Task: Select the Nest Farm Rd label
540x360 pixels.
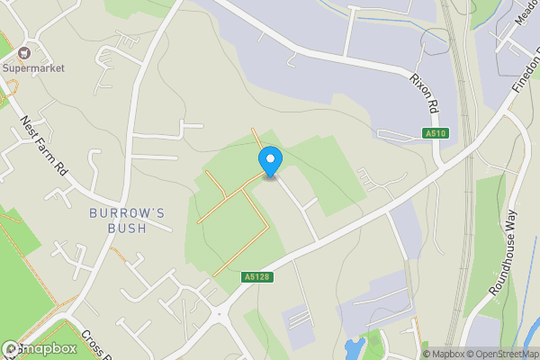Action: pyautogui.click(x=45, y=144)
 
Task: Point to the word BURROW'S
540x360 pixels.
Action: pyautogui.click(x=127, y=212)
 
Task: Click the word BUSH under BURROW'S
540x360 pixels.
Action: pyautogui.click(x=127, y=228)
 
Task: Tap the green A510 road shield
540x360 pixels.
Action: pyautogui.click(x=436, y=134)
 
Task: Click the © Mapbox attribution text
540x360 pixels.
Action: pyautogui.click(x=436, y=354)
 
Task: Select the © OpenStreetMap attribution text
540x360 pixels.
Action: pyautogui.click(x=500, y=354)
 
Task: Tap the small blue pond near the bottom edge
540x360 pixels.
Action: pyautogui.click(x=354, y=349)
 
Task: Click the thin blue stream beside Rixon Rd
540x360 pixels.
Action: pyautogui.click(x=378, y=22)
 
